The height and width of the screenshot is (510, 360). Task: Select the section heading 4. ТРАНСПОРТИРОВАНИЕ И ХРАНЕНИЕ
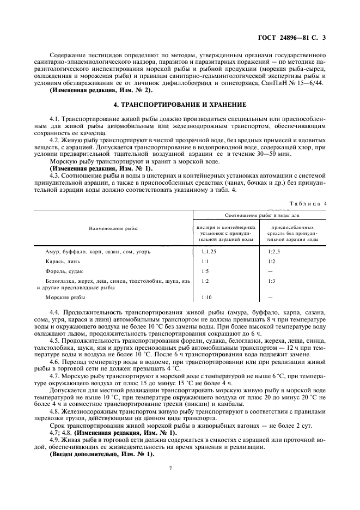click(x=180, y=104)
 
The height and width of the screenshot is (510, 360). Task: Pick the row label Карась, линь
click(x=60, y=262)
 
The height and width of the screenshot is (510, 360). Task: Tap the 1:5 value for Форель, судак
click(x=205, y=271)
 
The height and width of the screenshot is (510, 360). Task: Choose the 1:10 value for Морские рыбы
click(x=206, y=297)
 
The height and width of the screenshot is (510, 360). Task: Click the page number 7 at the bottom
click(x=170, y=468)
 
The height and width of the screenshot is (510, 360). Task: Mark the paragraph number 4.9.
click(x=54, y=440)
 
